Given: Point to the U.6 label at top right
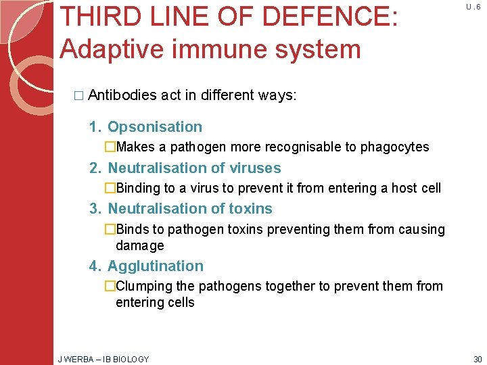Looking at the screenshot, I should click(x=473, y=6).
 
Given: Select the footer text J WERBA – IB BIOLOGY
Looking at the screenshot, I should click(x=103, y=359).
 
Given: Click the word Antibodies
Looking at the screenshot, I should click(x=122, y=95).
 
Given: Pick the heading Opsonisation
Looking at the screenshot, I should click(x=155, y=127).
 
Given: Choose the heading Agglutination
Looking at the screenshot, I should click(x=156, y=266).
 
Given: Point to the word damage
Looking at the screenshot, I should click(x=139, y=245).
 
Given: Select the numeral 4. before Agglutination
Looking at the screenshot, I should click(x=95, y=266).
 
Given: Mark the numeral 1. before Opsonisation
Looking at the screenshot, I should click(x=95, y=127).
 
